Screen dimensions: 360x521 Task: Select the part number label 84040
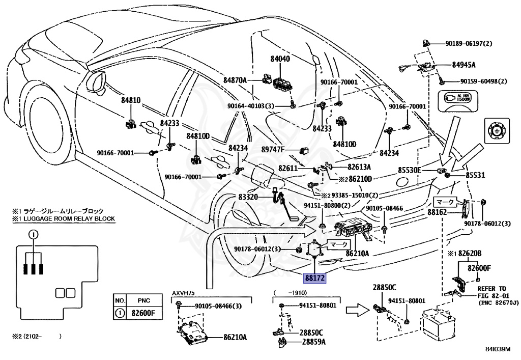click(280, 60)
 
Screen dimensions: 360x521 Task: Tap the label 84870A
click(235, 80)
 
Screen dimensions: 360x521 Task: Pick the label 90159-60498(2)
click(484, 81)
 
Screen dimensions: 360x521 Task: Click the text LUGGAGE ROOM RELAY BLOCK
click(63, 218)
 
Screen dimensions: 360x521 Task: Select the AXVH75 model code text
click(184, 294)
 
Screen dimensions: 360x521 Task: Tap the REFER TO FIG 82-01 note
click(492, 295)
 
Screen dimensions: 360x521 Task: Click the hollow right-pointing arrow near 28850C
click(354, 309)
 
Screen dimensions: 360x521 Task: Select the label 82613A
click(359, 167)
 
